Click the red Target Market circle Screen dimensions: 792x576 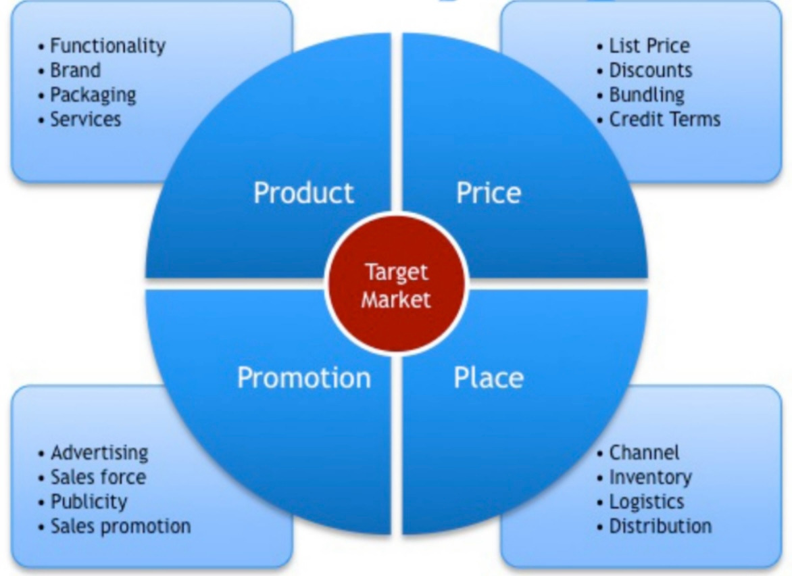click(x=396, y=284)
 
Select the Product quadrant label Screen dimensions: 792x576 click(x=303, y=193)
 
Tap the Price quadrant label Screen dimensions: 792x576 click(x=488, y=193)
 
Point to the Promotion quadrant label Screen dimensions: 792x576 click(x=303, y=377)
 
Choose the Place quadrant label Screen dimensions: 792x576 click(x=488, y=377)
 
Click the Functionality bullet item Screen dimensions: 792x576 click(x=107, y=46)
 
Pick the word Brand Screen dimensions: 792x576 click(x=75, y=70)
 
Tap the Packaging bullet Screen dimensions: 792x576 click(x=93, y=95)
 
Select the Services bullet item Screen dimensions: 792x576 click(x=86, y=120)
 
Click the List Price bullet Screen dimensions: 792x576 click(x=649, y=46)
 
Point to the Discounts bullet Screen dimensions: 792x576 click(x=650, y=70)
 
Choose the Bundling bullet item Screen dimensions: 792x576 click(x=646, y=95)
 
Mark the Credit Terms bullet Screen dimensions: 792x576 click(x=664, y=120)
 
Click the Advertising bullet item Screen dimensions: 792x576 click(x=99, y=452)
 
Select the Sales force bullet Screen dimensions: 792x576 click(x=98, y=477)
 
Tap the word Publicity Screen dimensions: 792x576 click(x=89, y=502)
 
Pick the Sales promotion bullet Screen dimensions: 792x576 click(x=120, y=526)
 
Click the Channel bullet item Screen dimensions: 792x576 click(x=644, y=452)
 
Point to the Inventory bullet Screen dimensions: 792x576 click(x=650, y=477)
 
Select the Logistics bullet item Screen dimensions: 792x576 click(x=646, y=502)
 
